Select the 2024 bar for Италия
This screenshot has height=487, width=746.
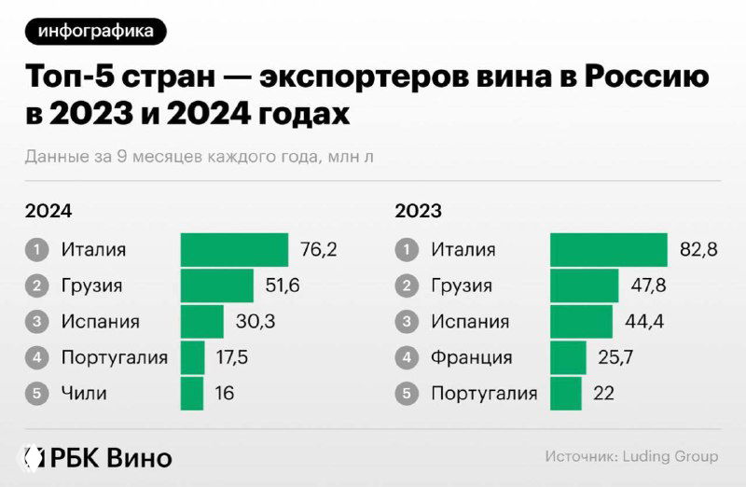coord(234,250)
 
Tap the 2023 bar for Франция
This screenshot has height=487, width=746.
coord(568,357)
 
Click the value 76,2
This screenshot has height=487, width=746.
coord(318,250)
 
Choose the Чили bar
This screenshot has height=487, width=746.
coord(191,393)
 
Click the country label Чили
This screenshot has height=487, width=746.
coord(84,393)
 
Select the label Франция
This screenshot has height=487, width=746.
coord(471,357)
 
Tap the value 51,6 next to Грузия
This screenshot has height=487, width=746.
coord(283,285)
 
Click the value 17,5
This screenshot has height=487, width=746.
coord(232,357)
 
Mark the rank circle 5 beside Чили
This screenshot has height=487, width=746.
coord(36,393)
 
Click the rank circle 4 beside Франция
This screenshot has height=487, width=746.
coord(406,357)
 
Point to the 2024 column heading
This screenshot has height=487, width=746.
coord(48,211)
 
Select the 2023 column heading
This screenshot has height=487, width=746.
coord(418,211)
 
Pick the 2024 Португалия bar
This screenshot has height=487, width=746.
coord(192,357)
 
